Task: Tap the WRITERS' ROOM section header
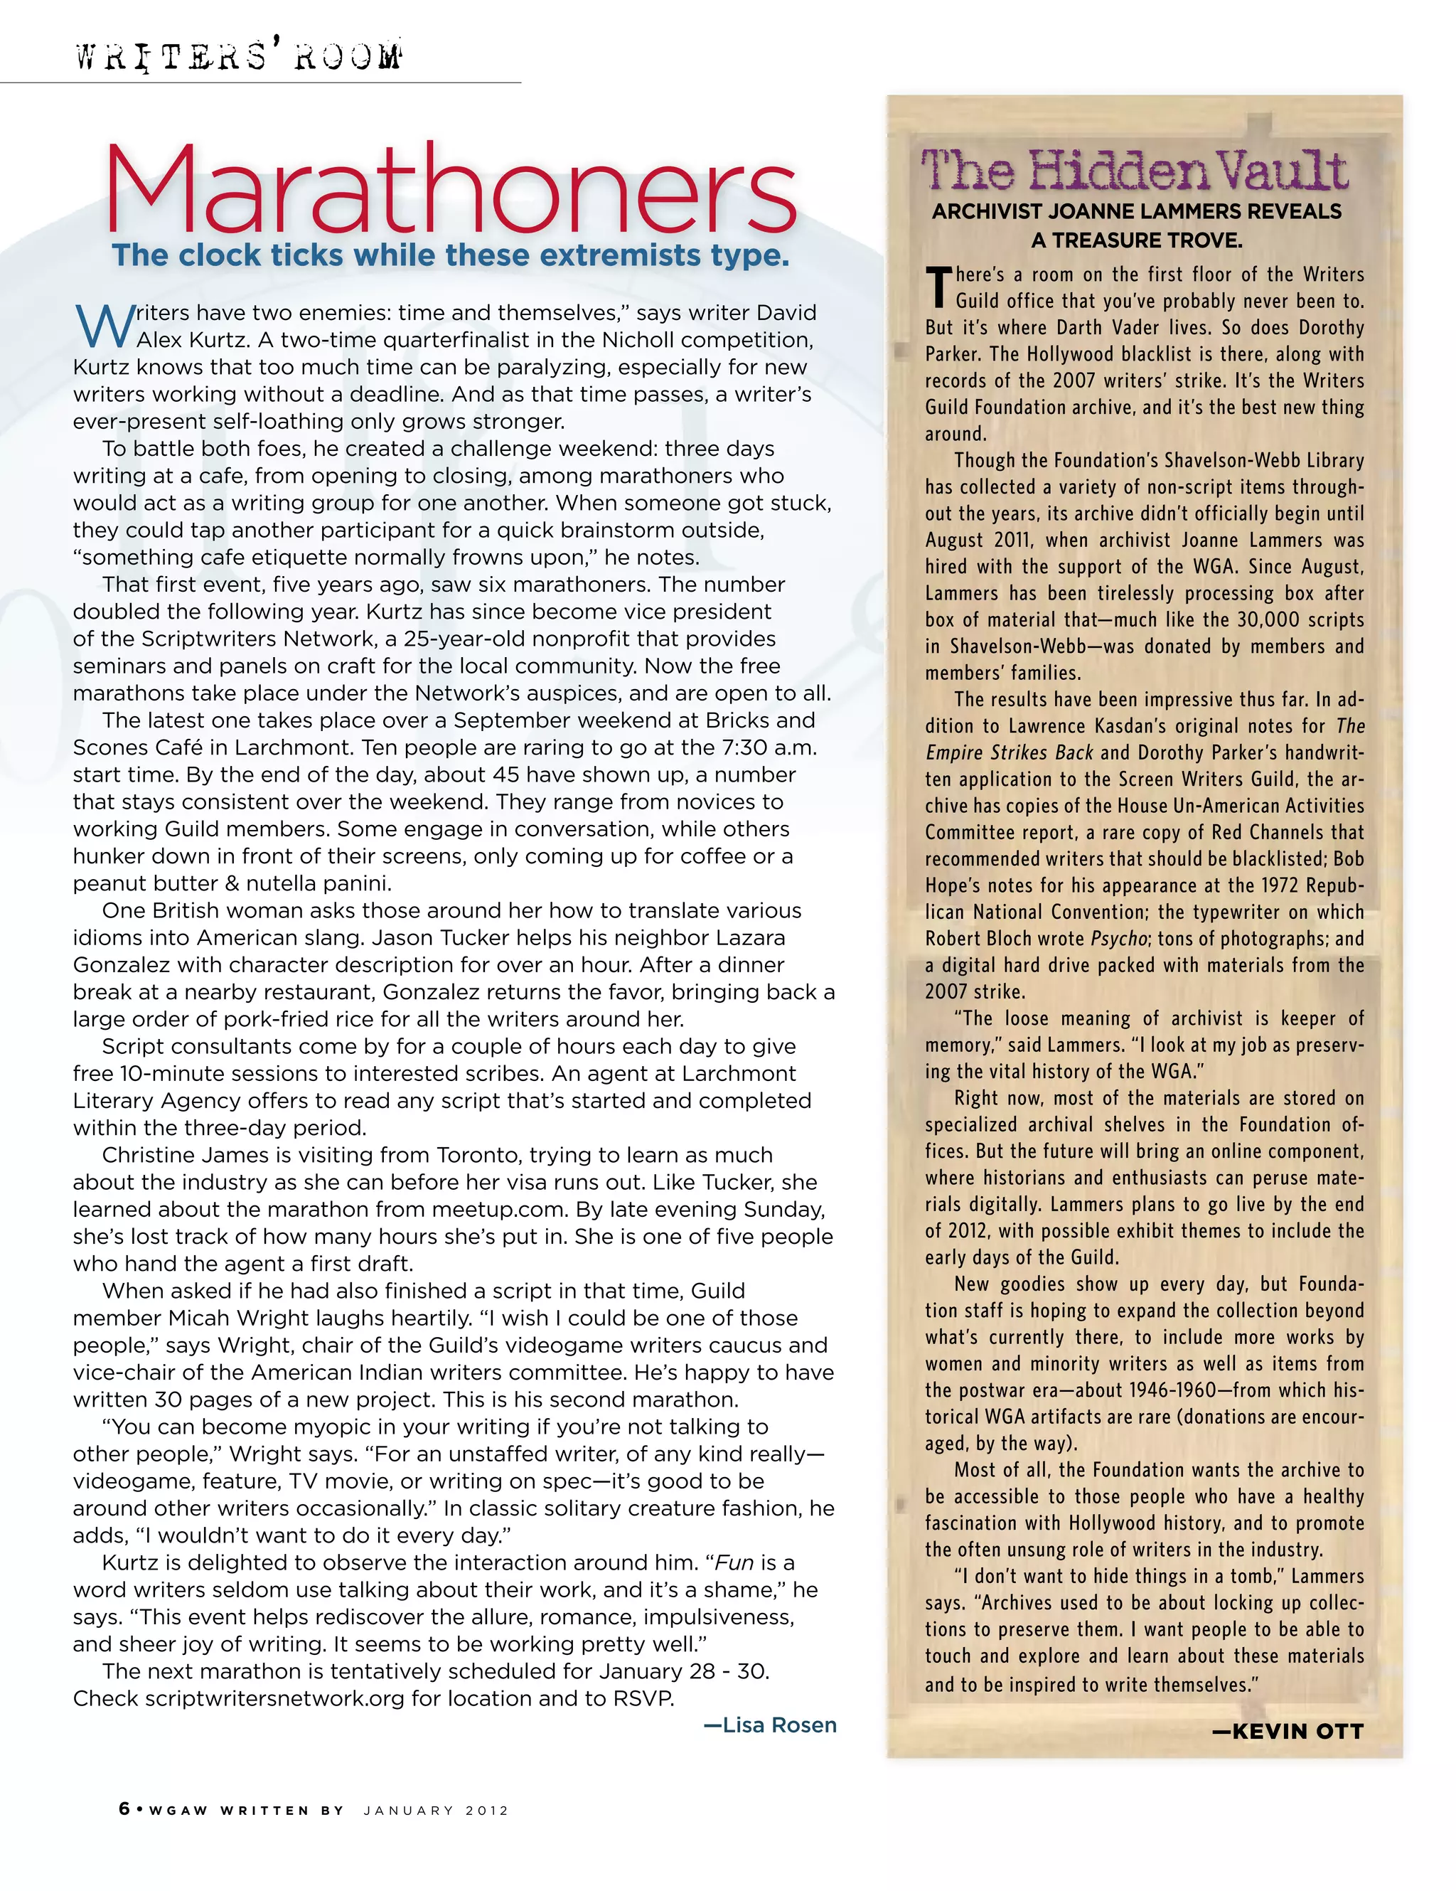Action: [x=238, y=57]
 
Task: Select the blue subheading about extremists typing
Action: [x=450, y=255]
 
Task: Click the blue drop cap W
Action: [x=104, y=325]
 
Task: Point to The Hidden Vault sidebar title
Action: [x=1134, y=170]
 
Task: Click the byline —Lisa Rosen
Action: [x=771, y=1725]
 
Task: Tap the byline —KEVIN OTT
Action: [x=1288, y=1732]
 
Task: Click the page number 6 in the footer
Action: [x=124, y=1809]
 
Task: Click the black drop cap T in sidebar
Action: [x=938, y=287]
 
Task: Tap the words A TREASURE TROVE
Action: [x=1137, y=240]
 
